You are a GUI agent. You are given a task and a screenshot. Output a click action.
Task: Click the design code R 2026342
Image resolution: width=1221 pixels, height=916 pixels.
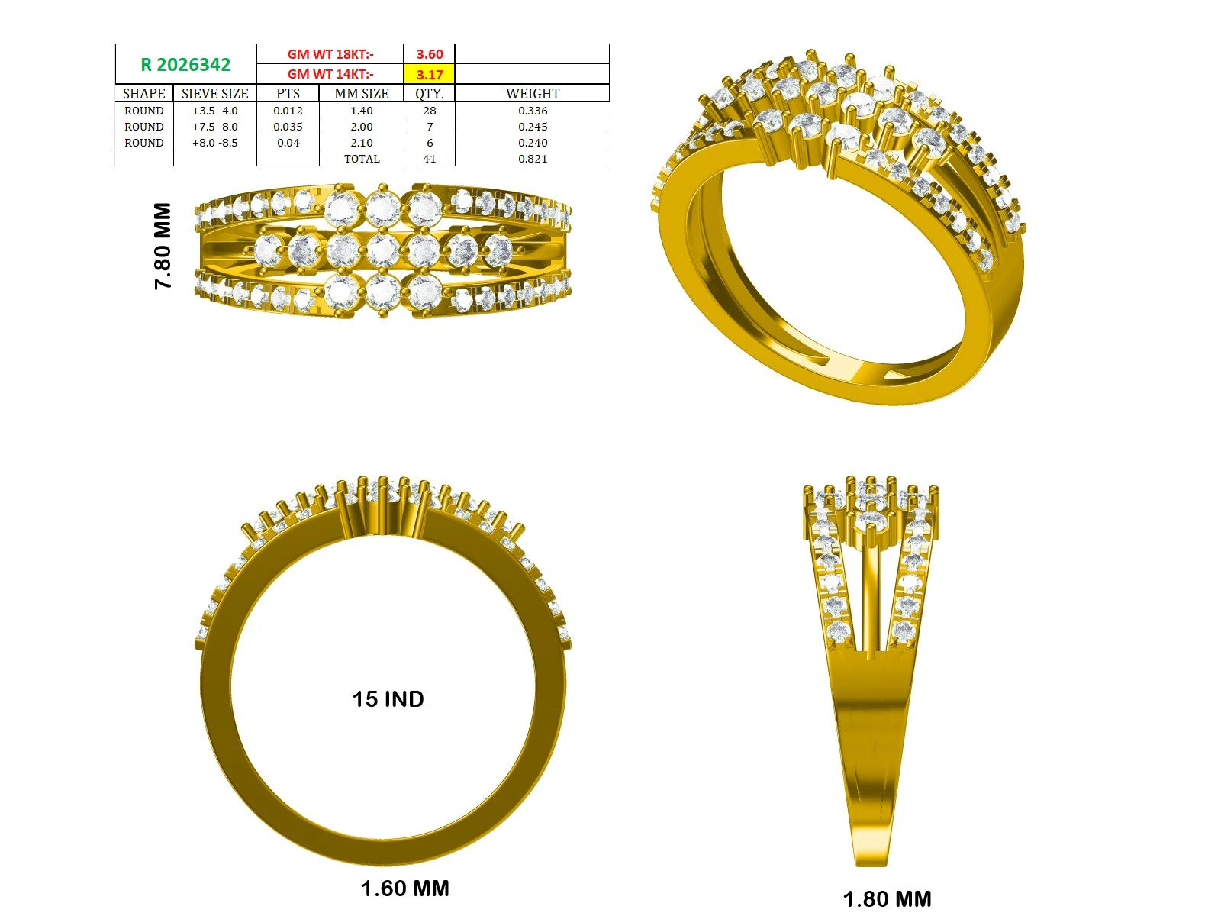pos(185,65)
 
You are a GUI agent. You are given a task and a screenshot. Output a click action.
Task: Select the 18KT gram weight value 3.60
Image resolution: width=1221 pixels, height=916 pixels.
pos(430,54)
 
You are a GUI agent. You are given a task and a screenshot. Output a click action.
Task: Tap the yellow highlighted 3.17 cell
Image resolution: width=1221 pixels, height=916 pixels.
pos(430,74)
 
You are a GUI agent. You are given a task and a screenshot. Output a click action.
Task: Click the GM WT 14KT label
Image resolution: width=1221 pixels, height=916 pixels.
pos(330,74)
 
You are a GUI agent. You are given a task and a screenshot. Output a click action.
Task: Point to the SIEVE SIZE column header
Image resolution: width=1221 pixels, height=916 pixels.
pos(214,93)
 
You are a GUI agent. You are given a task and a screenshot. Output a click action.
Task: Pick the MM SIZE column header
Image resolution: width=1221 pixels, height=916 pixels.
pos(362,93)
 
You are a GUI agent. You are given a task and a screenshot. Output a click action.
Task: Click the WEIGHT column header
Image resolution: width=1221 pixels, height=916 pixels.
pos(533,93)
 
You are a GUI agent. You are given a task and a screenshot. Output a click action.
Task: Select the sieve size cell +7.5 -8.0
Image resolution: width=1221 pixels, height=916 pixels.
pos(214,127)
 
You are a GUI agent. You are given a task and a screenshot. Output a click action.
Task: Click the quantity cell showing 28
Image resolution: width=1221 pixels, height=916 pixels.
pos(430,111)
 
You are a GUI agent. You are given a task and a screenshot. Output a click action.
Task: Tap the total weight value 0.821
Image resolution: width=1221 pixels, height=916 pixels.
pos(533,159)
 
